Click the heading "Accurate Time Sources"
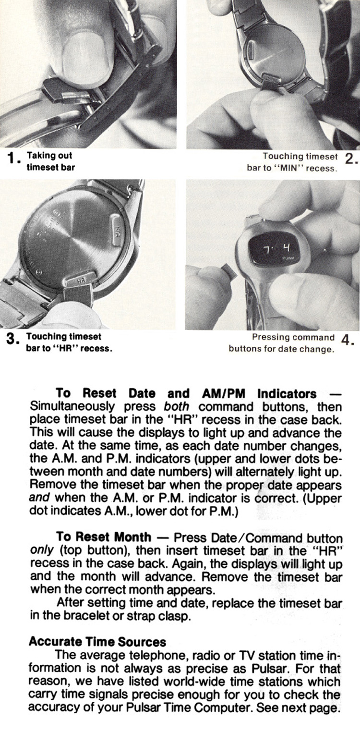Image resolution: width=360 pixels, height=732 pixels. tap(97, 642)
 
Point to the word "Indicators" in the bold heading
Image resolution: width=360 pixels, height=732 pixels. tap(287, 394)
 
